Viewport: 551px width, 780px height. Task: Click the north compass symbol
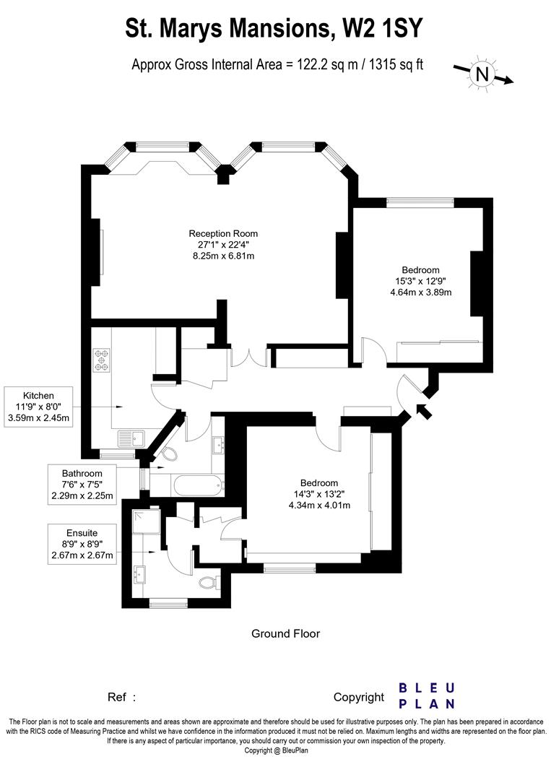pos(482,73)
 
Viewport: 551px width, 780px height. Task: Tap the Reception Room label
pos(223,233)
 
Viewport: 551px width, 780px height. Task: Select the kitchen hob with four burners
pos(101,359)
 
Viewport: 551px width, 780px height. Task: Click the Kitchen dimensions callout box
pos(39,407)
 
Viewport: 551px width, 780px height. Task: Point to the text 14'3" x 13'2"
pos(318,494)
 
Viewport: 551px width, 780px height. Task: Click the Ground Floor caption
pos(285,633)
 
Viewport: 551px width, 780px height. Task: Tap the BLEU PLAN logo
pos(427,695)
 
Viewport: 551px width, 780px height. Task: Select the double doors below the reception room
pos(250,358)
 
